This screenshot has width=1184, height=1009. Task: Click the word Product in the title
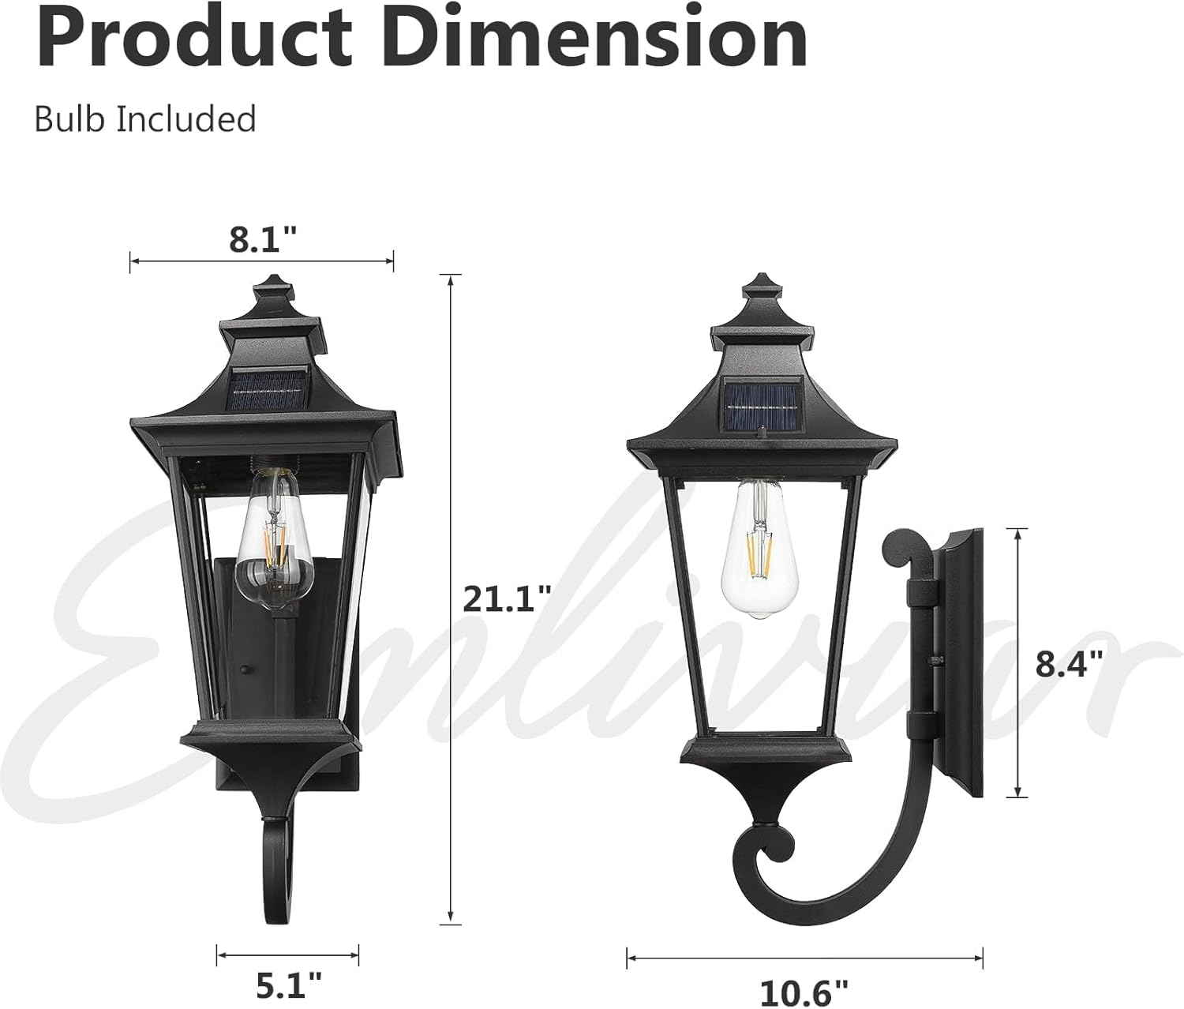click(x=193, y=37)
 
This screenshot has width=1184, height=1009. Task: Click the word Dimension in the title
click(x=600, y=37)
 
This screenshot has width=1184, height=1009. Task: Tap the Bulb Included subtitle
click(x=145, y=119)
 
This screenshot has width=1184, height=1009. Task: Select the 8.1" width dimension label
click(x=263, y=238)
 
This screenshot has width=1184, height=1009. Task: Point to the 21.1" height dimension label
click(x=506, y=598)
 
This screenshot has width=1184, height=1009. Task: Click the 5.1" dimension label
click(x=288, y=985)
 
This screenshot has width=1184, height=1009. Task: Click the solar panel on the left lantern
click(x=265, y=390)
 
